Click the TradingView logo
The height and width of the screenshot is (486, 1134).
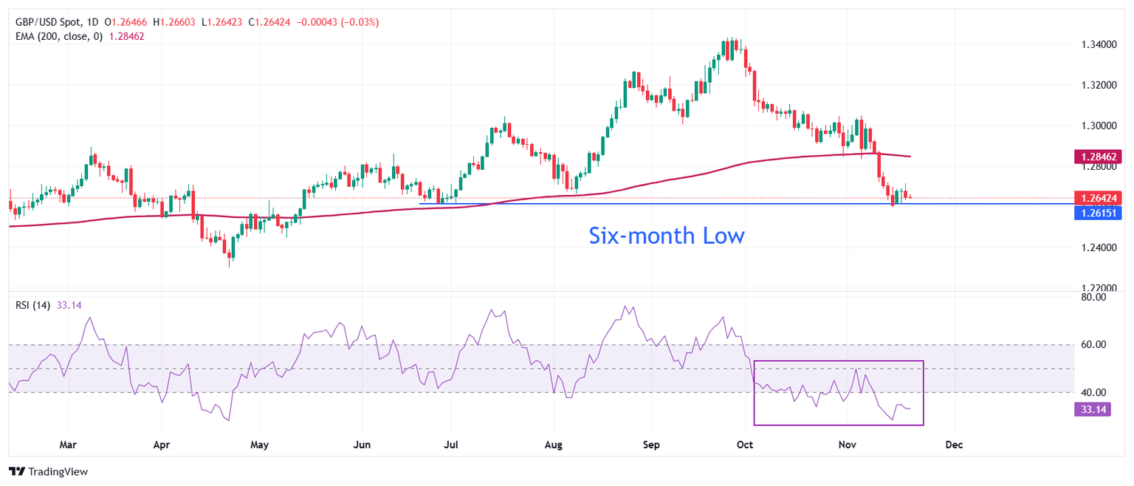(x=48, y=471)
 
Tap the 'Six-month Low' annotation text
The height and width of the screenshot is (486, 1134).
(x=666, y=236)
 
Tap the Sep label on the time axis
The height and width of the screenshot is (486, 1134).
(x=650, y=445)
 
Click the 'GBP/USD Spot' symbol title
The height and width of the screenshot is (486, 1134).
(x=47, y=23)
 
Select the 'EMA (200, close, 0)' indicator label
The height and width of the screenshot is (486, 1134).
(x=60, y=35)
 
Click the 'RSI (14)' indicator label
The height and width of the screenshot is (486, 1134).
(x=32, y=305)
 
